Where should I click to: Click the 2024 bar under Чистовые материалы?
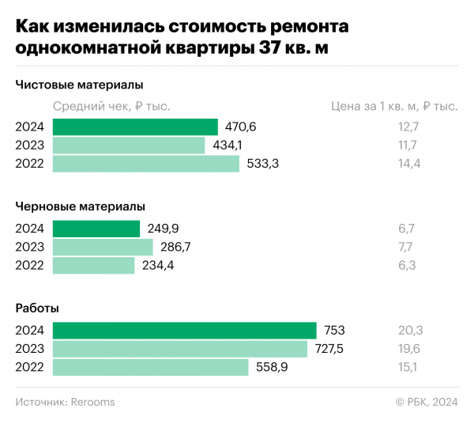tap(135, 127)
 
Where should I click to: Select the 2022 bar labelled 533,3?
tap(145, 164)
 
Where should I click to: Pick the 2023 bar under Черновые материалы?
tap(103, 247)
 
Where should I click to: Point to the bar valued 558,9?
tap(150, 367)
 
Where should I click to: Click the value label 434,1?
tap(228, 146)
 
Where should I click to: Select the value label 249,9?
tap(162, 229)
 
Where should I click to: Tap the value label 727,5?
tap(329, 349)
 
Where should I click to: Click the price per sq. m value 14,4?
tap(409, 164)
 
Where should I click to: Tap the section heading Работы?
tap(37, 308)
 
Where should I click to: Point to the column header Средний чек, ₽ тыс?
tap(111, 106)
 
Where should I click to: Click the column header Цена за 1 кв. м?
tap(393, 106)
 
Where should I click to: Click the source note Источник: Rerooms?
tap(66, 402)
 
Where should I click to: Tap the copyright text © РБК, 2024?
tap(427, 402)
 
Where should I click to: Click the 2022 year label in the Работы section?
tap(29, 367)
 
